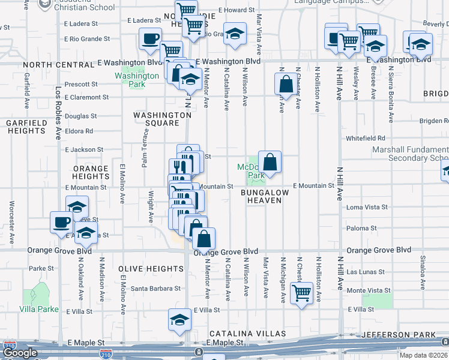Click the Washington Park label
[137, 80]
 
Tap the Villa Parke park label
[40, 310]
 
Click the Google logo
[20, 353]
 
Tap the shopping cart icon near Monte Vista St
[301, 293]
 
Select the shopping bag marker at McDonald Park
[270, 161]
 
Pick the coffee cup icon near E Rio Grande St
[149, 39]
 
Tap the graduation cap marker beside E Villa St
[179, 320]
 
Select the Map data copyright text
[424, 355]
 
